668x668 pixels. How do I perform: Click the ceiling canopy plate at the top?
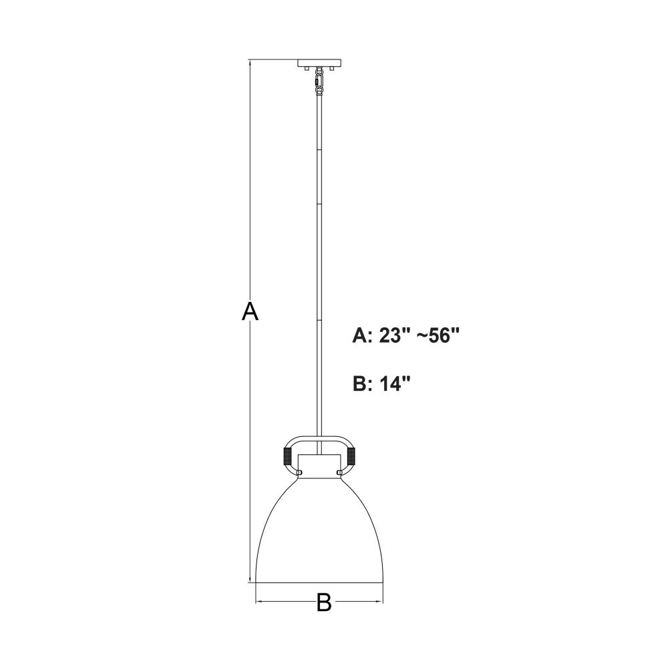click(319, 63)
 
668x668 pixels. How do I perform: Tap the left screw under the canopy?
click(307, 69)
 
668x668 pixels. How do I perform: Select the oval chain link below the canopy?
click(319, 78)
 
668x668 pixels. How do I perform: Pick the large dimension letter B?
click(324, 603)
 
